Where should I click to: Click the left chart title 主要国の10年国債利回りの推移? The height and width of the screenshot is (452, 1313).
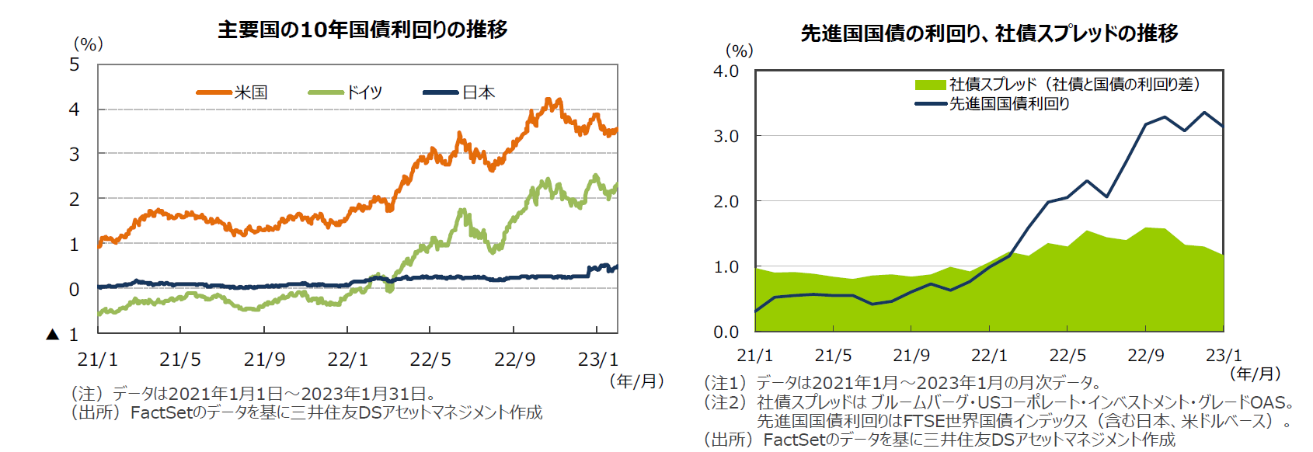coord(363,30)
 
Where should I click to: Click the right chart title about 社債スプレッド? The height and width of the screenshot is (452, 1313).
coord(989,33)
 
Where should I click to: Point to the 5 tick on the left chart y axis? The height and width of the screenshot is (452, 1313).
coord(75,64)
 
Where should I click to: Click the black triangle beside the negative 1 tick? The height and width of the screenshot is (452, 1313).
coord(53,335)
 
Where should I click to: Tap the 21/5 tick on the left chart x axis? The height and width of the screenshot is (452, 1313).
coord(180,360)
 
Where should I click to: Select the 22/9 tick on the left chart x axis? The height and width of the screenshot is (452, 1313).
coord(514,360)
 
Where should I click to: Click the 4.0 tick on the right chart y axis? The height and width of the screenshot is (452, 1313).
coord(726,71)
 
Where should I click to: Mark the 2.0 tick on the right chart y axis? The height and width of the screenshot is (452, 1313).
coord(726,202)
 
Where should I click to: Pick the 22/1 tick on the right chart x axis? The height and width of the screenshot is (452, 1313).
coord(989,356)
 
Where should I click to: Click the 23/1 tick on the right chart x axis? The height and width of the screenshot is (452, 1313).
coord(1224,356)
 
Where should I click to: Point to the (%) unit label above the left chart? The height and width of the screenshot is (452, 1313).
coord(88,44)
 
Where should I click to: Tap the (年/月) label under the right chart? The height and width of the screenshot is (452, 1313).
coord(1256,374)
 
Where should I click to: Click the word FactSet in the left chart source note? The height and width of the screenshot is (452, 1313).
coord(161,412)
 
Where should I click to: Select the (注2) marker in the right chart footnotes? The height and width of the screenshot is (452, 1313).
coord(727,402)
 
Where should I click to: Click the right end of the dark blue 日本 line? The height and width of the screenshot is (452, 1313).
coord(616,268)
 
